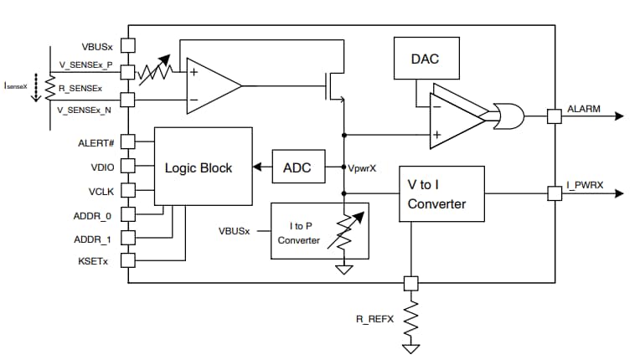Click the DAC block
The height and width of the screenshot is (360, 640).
point(424,59)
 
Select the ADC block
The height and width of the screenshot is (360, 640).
point(297,167)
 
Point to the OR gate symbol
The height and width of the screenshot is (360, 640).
point(507,116)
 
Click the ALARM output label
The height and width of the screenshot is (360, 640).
point(584,109)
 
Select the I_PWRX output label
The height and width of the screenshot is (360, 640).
point(586,186)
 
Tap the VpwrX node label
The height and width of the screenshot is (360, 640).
point(364,167)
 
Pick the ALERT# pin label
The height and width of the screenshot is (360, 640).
point(96,142)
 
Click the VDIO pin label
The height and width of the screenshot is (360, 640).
point(101,167)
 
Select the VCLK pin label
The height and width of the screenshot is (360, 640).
point(101,191)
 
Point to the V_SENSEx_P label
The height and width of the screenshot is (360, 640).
point(85,65)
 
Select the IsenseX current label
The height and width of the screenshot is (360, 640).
point(16,85)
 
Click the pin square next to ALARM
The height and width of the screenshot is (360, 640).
point(555,116)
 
